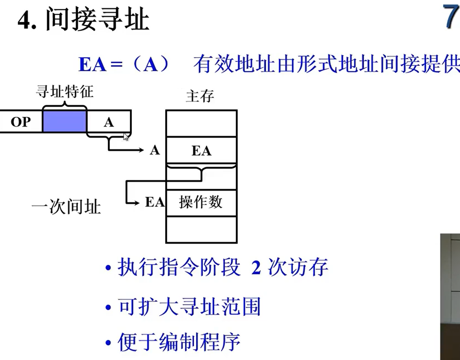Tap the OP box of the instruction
(21, 121)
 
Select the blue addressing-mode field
(64, 121)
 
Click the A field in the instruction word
(108, 122)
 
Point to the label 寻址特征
(65, 92)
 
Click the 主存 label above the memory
(200, 96)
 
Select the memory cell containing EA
(201, 151)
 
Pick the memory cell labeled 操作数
(201, 202)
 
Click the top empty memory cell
(201, 124)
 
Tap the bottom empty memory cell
(201, 229)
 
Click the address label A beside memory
(155, 150)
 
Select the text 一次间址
(66, 207)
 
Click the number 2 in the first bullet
(256, 268)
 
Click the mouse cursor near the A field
(126, 137)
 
